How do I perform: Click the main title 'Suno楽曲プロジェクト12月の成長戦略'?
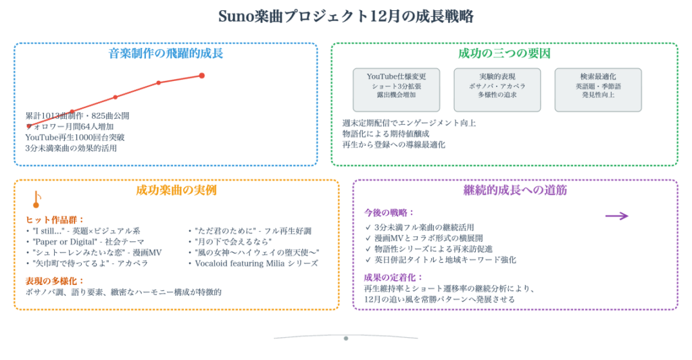pyautogui.click(x=345, y=16)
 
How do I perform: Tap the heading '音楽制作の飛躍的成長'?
pyautogui.click(x=166, y=53)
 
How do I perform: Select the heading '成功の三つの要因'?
pyautogui.click(x=504, y=53)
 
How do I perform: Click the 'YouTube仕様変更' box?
pyautogui.click(x=396, y=89)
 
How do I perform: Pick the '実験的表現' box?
pyautogui.click(x=497, y=89)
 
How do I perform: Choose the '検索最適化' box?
pyautogui.click(x=598, y=89)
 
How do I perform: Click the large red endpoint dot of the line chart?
pyautogui.click(x=201, y=76)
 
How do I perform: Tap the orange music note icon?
pyautogui.click(x=36, y=199)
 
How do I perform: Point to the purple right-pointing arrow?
pyautogui.click(x=616, y=216)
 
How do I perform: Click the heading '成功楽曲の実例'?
pyautogui.click(x=176, y=190)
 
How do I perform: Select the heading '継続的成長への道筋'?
pyautogui.click(x=515, y=190)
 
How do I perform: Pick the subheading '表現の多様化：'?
pyautogui.click(x=55, y=280)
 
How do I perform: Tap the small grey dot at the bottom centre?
pyautogui.click(x=346, y=338)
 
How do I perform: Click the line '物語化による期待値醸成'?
pyautogui.click(x=386, y=134)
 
